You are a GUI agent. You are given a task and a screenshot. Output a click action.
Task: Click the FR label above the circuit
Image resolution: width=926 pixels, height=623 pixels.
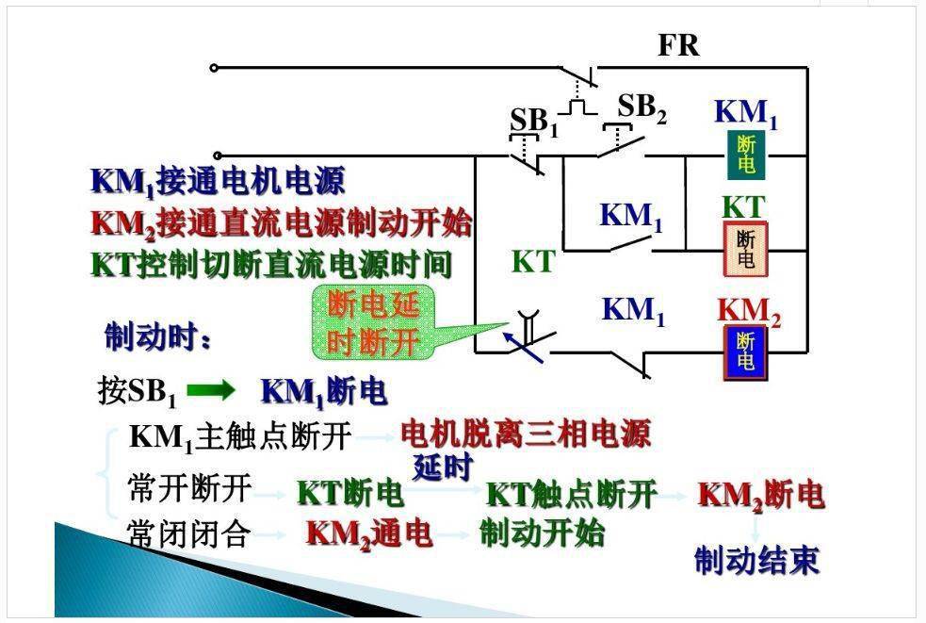point(678,45)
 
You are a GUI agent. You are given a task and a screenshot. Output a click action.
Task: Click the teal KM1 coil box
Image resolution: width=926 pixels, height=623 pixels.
point(746,155)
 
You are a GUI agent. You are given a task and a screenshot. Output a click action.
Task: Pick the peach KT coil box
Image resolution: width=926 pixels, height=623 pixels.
point(746,249)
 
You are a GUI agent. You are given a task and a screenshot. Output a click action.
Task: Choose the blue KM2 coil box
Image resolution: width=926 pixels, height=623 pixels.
point(746,352)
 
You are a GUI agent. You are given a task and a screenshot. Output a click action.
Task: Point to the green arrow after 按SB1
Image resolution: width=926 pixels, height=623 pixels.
point(211,391)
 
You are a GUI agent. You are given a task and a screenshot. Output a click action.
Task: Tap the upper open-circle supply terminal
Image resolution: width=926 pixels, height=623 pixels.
point(214,68)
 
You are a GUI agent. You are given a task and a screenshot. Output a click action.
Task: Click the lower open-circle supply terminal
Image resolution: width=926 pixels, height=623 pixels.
point(218,156)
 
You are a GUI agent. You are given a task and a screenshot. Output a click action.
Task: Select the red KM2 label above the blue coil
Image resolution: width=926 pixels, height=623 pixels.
point(749,311)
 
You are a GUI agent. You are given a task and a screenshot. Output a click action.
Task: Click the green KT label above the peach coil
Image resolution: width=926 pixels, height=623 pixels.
point(743,207)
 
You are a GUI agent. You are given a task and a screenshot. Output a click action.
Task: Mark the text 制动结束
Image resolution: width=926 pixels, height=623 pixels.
point(756,560)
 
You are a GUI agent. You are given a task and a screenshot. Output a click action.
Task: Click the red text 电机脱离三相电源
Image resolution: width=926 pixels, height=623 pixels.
point(526,434)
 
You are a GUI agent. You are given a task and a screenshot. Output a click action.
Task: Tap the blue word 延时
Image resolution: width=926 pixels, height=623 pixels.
point(443,467)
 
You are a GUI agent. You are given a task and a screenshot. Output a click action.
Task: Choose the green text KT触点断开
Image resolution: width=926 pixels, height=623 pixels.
point(571,494)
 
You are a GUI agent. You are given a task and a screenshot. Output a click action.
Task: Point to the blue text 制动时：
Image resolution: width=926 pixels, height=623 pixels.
point(157,336)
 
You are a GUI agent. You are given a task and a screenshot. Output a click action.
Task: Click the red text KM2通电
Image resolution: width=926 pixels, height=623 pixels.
point(369,533)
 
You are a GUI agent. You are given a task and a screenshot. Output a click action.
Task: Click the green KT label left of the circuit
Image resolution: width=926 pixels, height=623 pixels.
point(533,261)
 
